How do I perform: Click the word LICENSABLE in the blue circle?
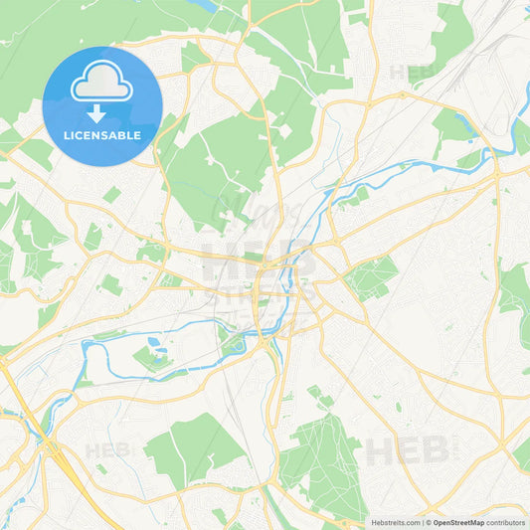click(x=102, y=134)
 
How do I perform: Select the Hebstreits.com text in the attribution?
click(x=395, y=522)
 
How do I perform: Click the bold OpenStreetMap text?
click(x=459, y=522)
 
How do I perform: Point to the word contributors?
click(x=506, y=522)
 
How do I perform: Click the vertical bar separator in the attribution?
click(x=422, y=522)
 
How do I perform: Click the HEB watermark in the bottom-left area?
click(x=106, y=450)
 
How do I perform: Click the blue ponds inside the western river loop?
click(x=157, y=347)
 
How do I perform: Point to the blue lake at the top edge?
click(x=207, y=5)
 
